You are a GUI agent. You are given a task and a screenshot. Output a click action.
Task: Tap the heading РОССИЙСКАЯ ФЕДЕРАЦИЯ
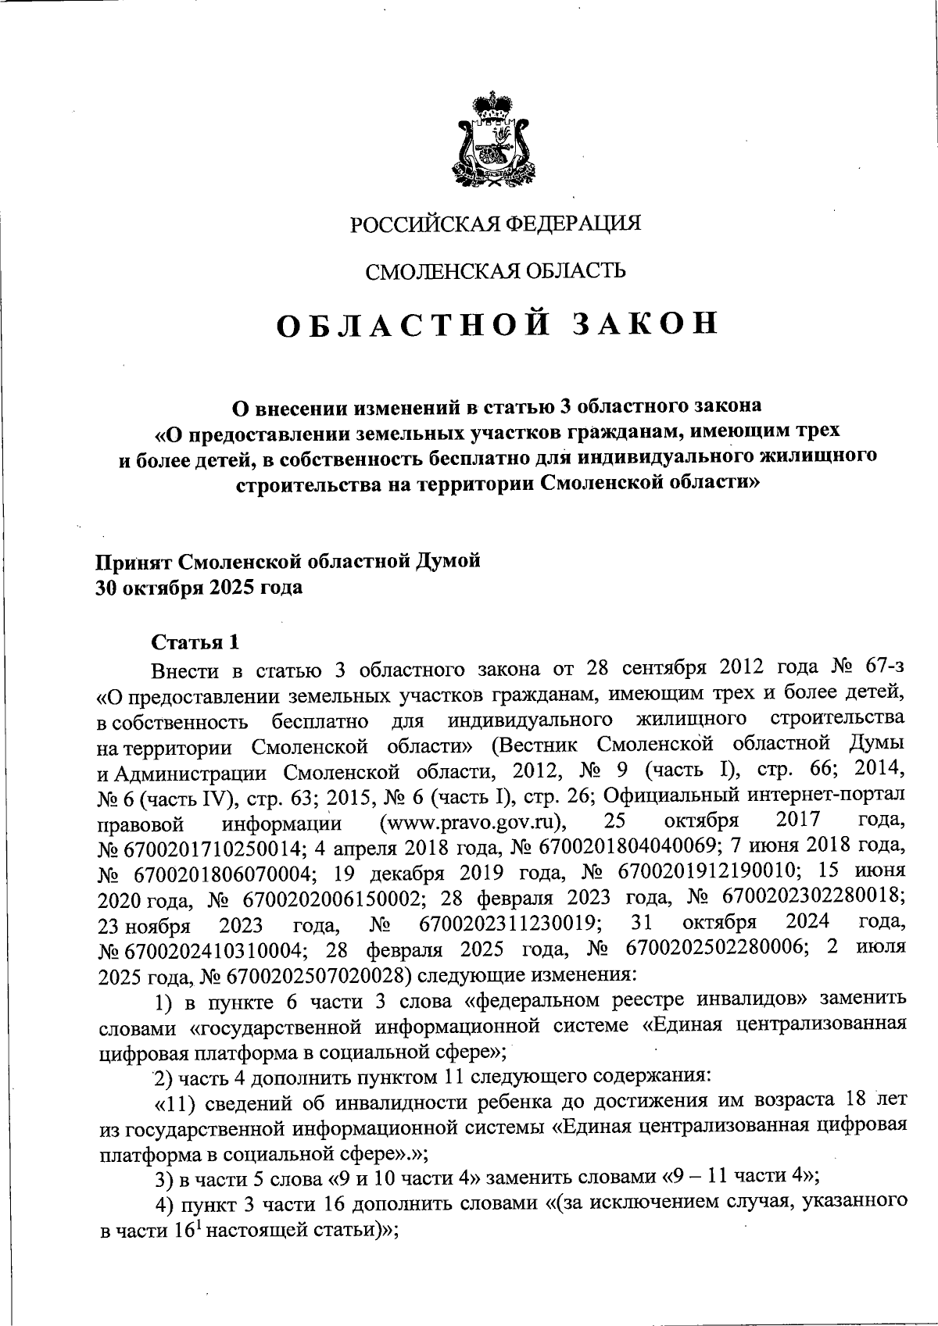[x=495, y=224]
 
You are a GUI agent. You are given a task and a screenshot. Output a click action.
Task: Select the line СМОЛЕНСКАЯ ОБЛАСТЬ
[x=496, y=271]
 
